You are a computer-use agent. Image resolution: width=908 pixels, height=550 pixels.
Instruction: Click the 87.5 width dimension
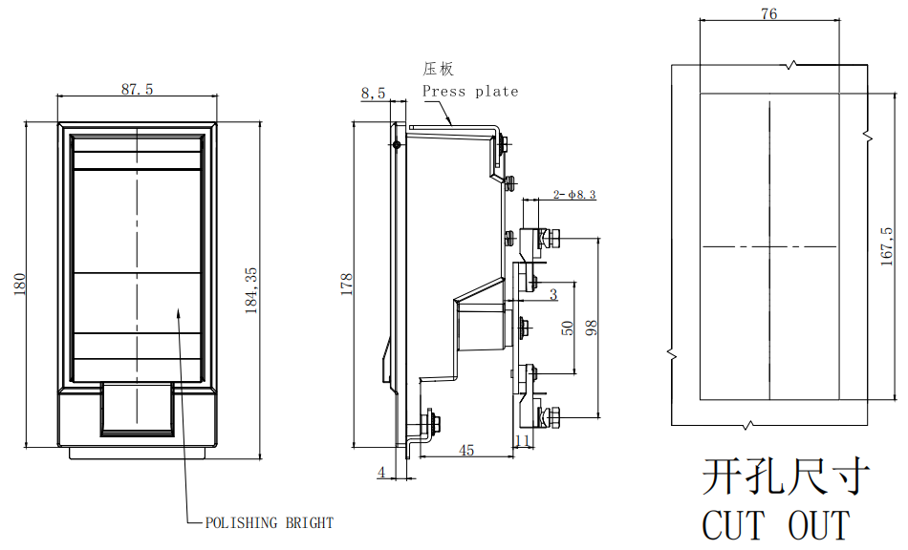click(137, 89)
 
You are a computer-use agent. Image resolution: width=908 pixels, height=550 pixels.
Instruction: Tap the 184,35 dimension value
click(252, 290)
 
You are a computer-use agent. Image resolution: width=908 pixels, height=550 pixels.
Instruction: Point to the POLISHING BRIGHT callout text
click(270, 522)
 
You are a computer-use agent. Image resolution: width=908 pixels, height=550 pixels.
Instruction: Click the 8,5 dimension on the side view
click(373, 93)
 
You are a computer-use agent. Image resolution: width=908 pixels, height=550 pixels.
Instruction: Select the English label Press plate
click(470, 92)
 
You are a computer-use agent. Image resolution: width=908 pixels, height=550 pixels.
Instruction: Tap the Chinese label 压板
click(439, 69)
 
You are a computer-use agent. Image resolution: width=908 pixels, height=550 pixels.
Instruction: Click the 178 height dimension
click(347, 285)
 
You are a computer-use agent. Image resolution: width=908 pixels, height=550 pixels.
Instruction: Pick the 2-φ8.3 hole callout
click(574, 195)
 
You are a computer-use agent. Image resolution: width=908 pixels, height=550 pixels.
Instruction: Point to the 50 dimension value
click(568, 328)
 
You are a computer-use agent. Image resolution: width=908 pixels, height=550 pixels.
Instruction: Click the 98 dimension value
click(592, 328)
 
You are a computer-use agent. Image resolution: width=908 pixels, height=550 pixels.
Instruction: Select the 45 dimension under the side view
click(466, 450)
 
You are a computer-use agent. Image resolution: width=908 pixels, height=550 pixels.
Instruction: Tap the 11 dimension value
click(522, 441)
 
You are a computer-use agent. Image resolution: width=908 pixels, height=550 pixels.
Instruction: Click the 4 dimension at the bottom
click(381, 472)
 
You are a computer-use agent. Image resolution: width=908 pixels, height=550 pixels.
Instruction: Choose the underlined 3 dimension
click(552, 295)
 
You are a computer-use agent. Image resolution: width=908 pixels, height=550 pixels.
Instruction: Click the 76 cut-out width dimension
click(768, 13)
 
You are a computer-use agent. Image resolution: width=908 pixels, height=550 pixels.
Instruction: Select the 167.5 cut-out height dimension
click(888, 244)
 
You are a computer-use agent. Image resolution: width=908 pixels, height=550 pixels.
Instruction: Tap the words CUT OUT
click(775, 525)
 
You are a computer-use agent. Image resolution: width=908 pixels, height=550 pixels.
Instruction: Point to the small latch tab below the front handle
click(136, 409)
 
